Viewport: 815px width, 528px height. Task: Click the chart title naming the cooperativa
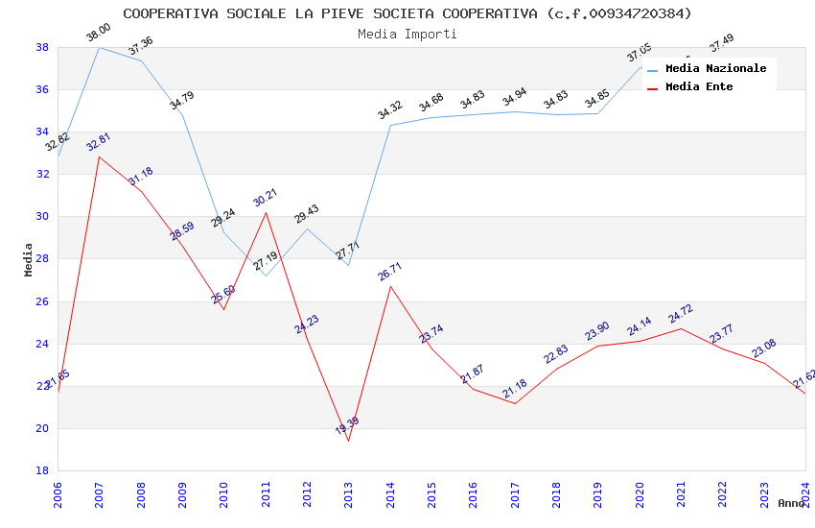coord(407,13)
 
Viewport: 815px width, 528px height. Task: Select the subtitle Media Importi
coord(407,34)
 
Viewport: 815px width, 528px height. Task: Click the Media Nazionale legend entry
coord(715,68)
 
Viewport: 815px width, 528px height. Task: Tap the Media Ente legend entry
coord(699,86)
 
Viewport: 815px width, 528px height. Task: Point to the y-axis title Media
coord(29,259)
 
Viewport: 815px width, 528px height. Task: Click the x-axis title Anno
coord(791,503)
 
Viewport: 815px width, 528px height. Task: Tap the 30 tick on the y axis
coord(43,217)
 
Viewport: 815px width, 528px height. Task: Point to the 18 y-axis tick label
coord(43,470)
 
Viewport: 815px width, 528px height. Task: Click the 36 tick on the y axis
coord(43,89)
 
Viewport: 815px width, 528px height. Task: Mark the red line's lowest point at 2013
coord(348,441)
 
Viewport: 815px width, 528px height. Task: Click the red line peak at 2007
coord(99,156)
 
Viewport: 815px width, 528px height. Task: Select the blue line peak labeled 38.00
coord(99,47)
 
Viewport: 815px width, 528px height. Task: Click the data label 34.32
coord(390,110)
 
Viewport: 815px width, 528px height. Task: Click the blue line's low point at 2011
coord(266,276)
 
